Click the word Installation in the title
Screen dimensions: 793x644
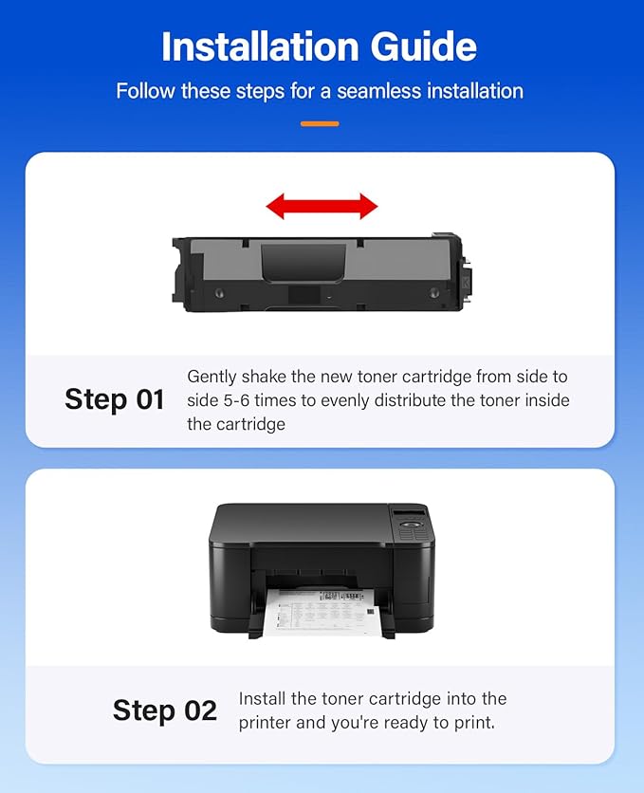pyautogui.click(x=254, y=46)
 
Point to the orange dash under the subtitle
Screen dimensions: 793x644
pyautogui.click(x=320, y=123)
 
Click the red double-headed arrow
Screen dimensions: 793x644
pyautogui.click(x=322, y=206)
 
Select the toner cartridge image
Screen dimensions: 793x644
pyautogui.click(x=322, y=272)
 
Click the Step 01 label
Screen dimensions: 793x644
pyautogui.click(x=115, y=399)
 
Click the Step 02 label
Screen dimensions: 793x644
pyautogui.click(x=165, y=710)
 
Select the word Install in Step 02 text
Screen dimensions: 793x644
pyautogui.click(x=265, y=699)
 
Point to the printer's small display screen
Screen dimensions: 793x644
pyautogui.click(x=405, y=513)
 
